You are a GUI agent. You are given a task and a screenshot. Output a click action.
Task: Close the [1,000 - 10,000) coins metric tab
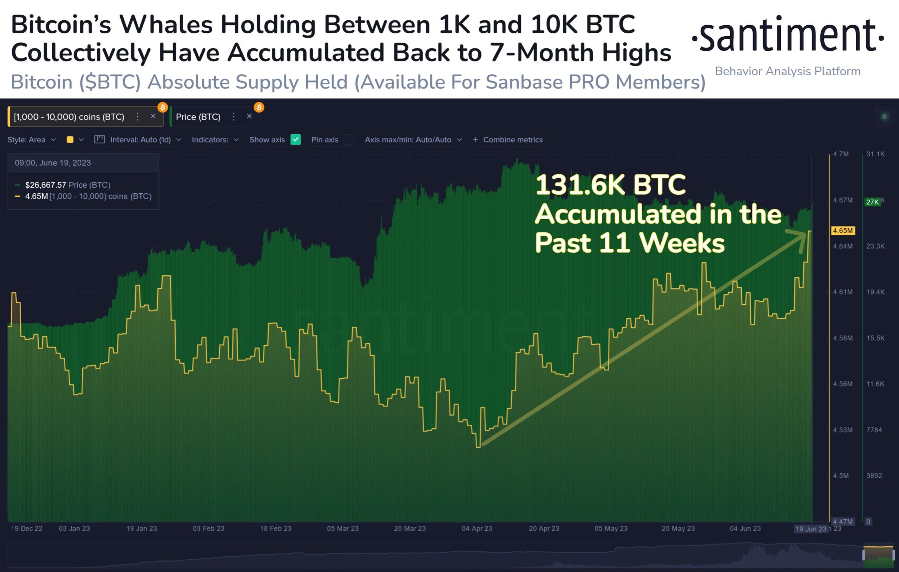[153, 116]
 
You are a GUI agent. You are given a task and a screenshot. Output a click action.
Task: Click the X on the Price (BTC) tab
[249, 116]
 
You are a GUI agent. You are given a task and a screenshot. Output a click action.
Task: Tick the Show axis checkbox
[295, 139]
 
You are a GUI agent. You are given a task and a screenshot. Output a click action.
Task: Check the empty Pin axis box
[349, 139]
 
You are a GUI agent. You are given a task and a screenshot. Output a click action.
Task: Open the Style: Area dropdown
[31, 140]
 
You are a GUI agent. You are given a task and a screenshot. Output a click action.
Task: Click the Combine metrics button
[508, 140]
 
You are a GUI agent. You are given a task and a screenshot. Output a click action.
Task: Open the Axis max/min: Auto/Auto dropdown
[413, 140]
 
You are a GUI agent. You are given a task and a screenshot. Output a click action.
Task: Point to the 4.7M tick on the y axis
[841, 154]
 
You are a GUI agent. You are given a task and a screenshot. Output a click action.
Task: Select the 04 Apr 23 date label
[477, 528]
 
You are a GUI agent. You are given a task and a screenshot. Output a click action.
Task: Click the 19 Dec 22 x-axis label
[26, 528]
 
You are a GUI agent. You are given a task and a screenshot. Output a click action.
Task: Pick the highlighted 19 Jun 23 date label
[811, 529]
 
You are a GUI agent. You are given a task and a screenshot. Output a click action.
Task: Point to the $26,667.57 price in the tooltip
[46, 185]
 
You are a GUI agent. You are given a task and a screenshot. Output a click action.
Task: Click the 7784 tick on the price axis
[874, 430]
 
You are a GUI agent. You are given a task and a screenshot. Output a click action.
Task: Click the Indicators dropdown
[215, 140]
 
